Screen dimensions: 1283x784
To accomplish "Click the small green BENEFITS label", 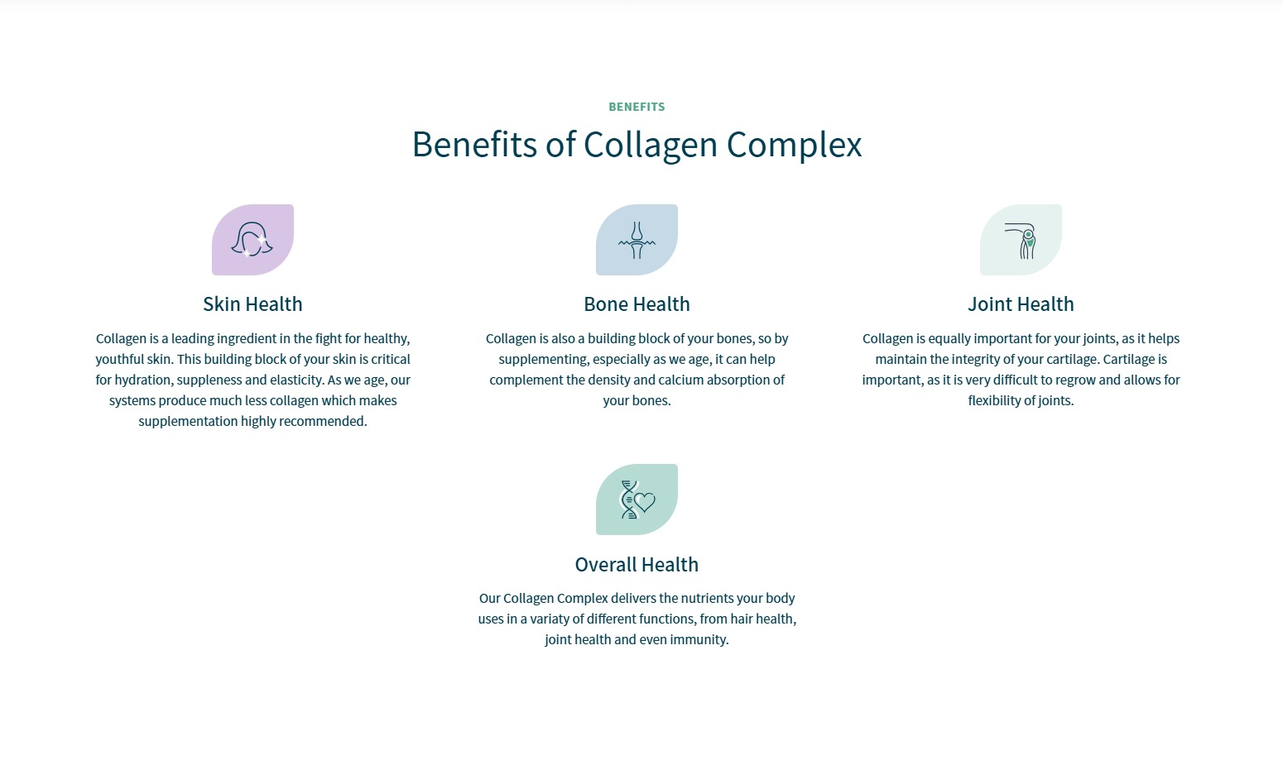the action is (x=637, y=107).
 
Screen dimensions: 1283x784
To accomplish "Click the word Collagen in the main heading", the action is (x=650, y=146).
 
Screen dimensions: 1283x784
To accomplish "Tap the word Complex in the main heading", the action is (x=794, y=146).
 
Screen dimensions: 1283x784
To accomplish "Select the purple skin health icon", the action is (x=252, y=240).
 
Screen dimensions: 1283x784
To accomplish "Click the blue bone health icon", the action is (x=637, y=240).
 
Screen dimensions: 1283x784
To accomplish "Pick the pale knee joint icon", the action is (x=1021, y=240).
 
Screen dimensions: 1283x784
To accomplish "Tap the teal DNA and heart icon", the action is (x=637, y=500).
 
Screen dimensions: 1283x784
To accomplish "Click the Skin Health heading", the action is (x=252, y=304).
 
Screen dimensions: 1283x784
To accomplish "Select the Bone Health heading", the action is (x=637, y=304).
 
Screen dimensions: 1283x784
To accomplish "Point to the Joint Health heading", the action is (x=1021, y=304).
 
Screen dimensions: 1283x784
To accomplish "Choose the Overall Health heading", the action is (x=637, y=565).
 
